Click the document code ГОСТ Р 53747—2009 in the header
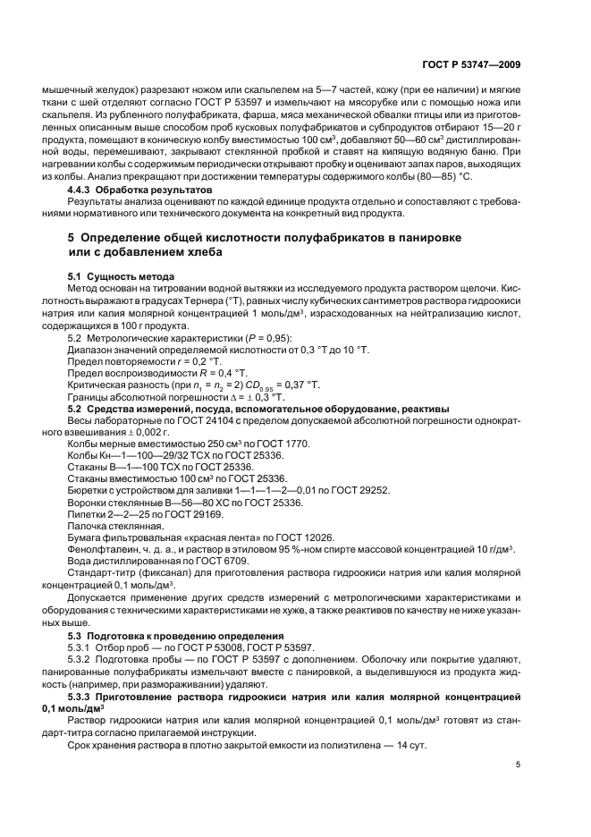[471, 65]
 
